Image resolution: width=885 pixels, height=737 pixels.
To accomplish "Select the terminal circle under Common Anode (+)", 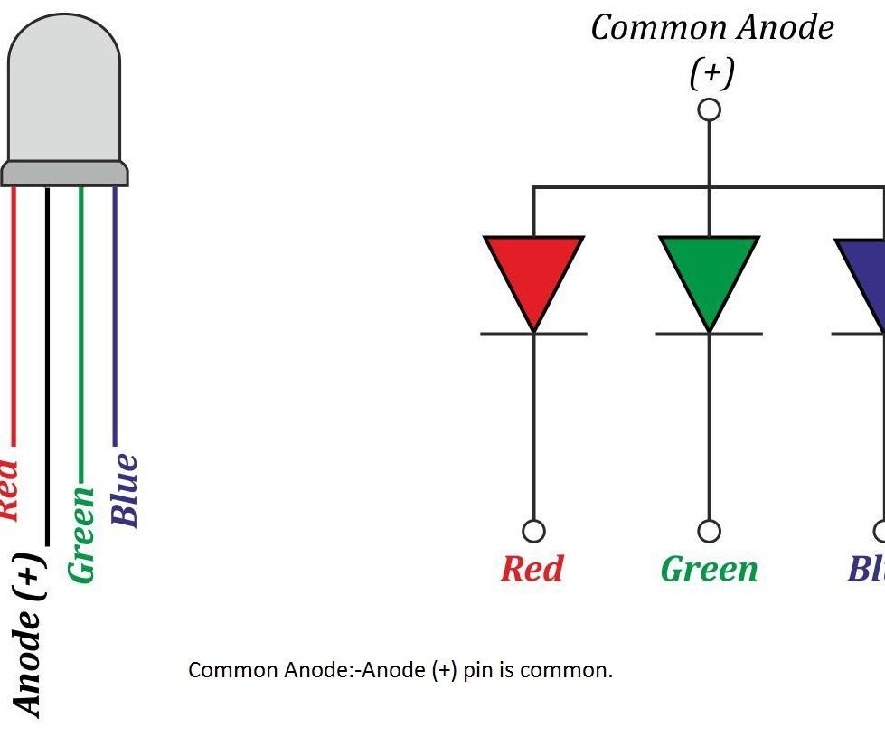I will coord(710,109).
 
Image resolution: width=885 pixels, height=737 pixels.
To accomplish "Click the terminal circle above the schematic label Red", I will coord(533,530).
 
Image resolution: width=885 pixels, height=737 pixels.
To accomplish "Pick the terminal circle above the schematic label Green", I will coord(710,530).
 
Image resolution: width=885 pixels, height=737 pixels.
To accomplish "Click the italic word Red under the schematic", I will coord(532,569).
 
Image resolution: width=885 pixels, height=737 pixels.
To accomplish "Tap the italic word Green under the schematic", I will coord(709,569).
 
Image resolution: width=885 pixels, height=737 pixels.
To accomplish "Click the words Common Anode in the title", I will coord(711,27).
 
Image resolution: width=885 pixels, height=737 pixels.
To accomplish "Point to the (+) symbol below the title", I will coord(711,72).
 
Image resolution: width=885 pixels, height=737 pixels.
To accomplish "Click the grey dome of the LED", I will coord(63,90).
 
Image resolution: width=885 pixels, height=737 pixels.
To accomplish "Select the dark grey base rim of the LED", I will coord(64,173).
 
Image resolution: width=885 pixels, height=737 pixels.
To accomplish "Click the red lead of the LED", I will coord(14,317).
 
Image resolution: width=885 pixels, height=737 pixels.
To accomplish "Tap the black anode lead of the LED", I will coord(47,362).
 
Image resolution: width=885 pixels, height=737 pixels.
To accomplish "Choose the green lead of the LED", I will coord(80,335).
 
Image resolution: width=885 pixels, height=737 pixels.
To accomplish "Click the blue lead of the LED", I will coord(115,317).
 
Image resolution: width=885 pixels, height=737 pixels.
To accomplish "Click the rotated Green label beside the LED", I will coord(82,534).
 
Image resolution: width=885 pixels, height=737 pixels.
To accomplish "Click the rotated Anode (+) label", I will coord(29,633).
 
